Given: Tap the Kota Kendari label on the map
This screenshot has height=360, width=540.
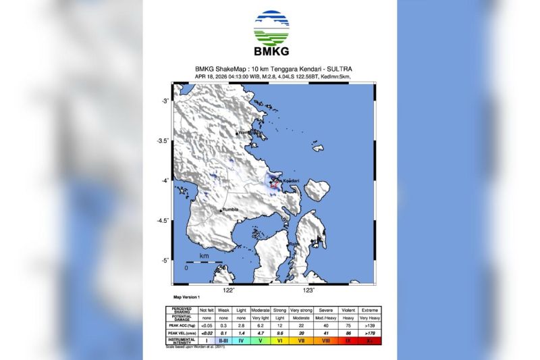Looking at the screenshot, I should coord(286,181).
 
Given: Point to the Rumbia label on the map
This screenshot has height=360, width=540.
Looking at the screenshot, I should coord(231,211).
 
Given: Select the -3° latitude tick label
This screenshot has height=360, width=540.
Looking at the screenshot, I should coord(163,101).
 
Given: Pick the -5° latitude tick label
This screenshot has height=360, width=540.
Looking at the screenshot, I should coord(163,260).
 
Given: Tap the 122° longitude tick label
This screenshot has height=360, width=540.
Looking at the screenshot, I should coord(229,290).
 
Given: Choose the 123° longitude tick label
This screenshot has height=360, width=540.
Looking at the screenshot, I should coord(308,290).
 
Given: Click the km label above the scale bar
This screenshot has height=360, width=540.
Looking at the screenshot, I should coord(204,257).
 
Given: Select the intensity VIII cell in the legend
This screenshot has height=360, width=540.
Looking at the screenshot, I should coord(327,341).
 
